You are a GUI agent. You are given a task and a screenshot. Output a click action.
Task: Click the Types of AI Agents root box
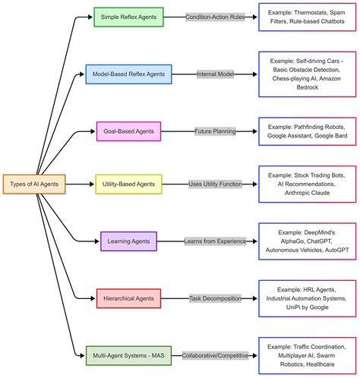point(34,184)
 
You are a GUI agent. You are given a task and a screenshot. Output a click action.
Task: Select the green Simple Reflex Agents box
point(128,17)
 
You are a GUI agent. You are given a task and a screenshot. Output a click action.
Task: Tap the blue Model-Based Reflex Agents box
point(128,75)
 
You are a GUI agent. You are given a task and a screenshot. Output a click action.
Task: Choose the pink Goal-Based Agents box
point(128,131)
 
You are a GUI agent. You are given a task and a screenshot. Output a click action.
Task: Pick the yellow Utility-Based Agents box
point(128,184)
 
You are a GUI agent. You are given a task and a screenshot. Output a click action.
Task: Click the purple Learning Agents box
point(128,241)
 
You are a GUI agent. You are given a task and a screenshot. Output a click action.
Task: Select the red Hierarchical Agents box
point(128,299)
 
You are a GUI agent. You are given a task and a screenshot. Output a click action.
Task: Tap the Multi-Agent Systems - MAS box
point(128,354)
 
